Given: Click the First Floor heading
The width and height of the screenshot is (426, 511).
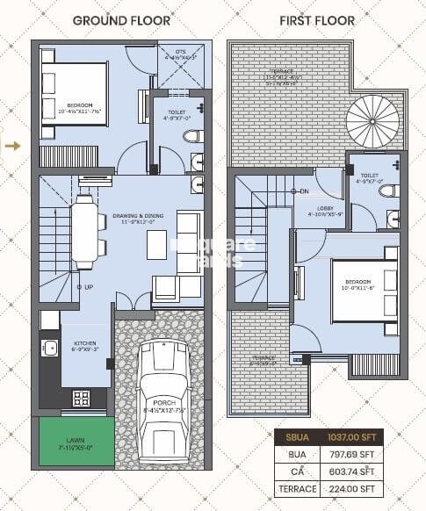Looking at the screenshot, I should pyautogui.click(x=317, y=19).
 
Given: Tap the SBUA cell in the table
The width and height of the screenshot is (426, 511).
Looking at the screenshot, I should pyautogui.click(x=297, y=436).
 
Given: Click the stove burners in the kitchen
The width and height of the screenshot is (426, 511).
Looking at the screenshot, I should pyautogui.click(x=81, y=398).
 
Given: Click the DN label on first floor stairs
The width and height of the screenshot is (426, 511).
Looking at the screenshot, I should pyautogui.click(x=304, y=191).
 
